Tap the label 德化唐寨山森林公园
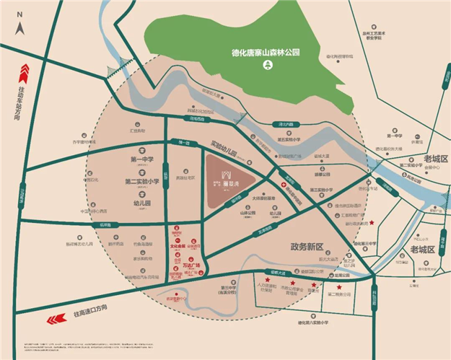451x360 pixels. click(x=266, y=53)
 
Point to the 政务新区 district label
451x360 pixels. click(x=309, y=246)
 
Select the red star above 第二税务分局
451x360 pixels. click(x=338, y=286)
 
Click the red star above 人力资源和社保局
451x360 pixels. click(x=268, y=279)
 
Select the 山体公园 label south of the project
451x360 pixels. click(x=248, y=214)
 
